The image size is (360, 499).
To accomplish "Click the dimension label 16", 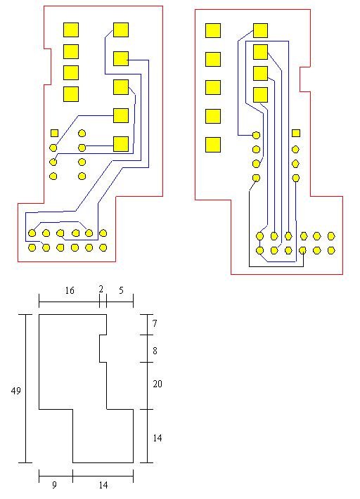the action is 70,290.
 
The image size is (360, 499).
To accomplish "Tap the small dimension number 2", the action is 101,290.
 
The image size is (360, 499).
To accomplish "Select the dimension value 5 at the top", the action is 121,290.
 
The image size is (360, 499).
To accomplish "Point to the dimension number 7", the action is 155,324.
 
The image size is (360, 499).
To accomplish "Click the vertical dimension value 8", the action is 155,351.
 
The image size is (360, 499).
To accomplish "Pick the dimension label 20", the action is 157,384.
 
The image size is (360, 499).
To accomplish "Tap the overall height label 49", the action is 16,391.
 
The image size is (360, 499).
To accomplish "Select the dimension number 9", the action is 54,485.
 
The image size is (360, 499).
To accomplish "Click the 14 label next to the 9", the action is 103,486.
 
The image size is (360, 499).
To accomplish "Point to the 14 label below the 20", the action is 157,439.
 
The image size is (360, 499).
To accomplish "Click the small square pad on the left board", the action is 54,133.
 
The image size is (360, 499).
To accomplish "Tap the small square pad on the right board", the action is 296,133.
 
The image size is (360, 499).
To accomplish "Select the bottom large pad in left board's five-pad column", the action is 121,144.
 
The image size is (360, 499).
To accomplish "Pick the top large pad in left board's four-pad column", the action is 71,30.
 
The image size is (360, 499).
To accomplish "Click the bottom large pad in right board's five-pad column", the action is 213,145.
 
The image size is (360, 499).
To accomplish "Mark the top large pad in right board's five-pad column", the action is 213,30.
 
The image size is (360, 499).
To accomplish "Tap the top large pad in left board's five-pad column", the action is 121,30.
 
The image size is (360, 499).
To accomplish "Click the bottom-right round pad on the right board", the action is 331,250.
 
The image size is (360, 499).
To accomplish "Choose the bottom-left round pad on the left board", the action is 32,247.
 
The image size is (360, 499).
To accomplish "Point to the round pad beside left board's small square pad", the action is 82,133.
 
